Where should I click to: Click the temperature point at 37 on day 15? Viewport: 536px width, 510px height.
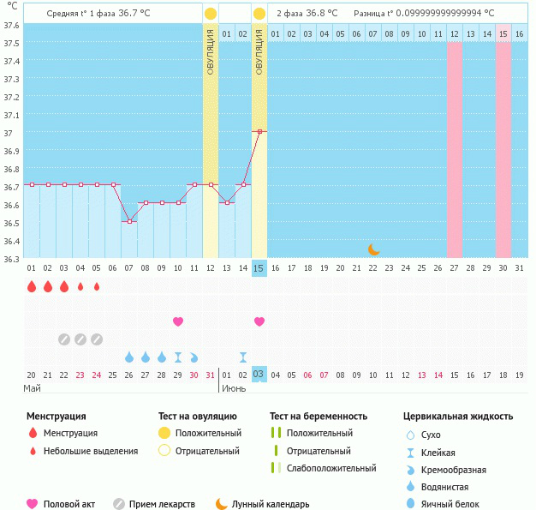point(259,131)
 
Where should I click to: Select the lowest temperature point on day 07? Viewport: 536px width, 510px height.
point(129,221)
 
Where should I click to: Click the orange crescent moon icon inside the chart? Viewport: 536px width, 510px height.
point(373,249)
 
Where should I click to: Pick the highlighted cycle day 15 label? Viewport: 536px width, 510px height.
point(259,268)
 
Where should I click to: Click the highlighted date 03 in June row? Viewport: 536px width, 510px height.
point(259,375)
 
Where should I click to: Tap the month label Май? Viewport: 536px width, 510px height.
point(32,388)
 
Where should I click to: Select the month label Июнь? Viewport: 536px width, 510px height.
point(233,388)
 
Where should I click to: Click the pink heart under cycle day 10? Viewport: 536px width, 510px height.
point(178,321)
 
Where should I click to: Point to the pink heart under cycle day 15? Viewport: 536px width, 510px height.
point(259,321)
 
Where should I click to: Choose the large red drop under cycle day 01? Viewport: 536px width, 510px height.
point(32,287)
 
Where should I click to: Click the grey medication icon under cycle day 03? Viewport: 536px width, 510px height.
point(64,339)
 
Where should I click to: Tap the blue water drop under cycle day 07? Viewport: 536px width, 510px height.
point(129,357)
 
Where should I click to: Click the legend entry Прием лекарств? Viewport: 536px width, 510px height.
point(162,504)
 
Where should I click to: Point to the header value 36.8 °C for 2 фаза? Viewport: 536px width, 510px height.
point(321,14)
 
